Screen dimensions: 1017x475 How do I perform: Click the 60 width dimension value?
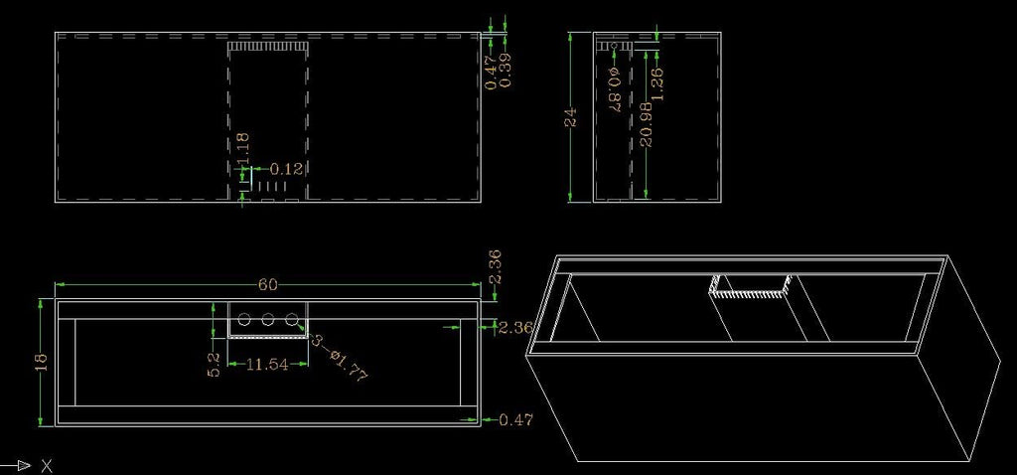[x=268, y=285]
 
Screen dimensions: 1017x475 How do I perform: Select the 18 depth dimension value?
[x=42, y=361]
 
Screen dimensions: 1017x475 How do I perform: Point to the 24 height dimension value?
[x=571, y=117]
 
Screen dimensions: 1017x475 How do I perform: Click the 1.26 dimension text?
[x=656, y=84]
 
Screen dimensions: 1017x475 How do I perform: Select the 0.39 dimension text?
[x=506, y=71]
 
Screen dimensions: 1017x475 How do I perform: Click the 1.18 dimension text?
[x=243, y=149]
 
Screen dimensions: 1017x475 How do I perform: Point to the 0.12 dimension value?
[x=286, y=169]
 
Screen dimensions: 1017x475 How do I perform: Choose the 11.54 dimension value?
[x=267, y=365]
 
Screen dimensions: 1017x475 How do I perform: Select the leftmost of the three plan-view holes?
[x=244, y=319]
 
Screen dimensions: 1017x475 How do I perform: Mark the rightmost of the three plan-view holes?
[x=292, y=319]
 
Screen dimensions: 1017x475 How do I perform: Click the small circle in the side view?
[x=614, y=46]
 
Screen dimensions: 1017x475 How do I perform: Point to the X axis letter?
[x=46, y=465]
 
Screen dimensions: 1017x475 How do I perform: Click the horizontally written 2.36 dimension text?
[x=515, y=327]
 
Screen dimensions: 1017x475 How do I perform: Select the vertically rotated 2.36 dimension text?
[x=495, y=267]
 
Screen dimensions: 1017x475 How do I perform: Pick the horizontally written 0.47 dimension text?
[x=515, y=419]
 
